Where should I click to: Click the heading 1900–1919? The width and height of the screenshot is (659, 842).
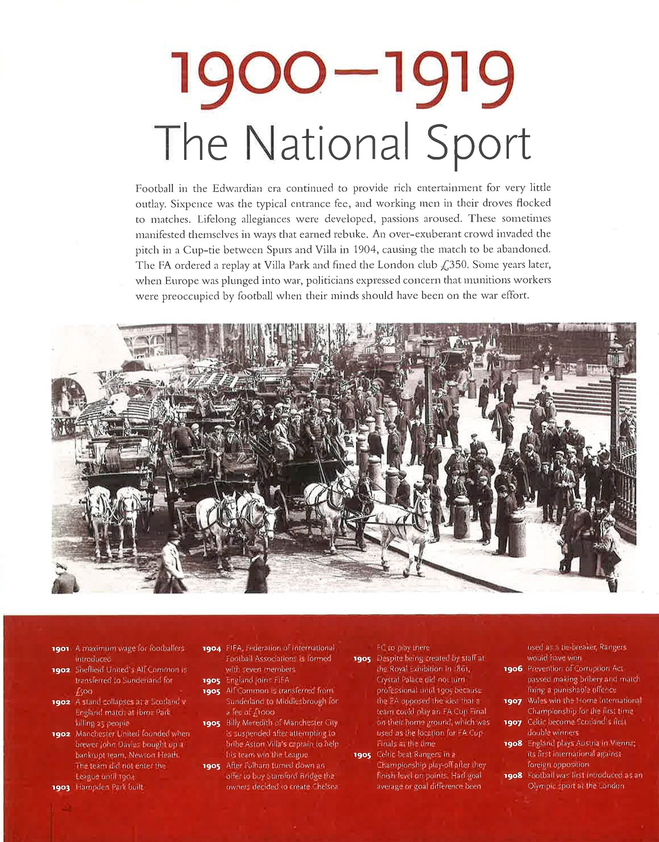pyautogui.click(x=342, y=79)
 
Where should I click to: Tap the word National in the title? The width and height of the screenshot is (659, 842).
pyautogui.click(x=327, y=143)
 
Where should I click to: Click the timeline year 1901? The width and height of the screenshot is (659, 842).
pyautogui.click(x=61, y=649)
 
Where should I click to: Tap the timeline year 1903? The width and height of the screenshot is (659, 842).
pyautogui.click(x=61, y=788)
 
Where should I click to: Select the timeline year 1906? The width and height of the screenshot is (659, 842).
pyautogui.click(x=513, y=669)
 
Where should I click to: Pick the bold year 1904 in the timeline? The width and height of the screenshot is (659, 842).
pyautogui.click(x=211, y=649)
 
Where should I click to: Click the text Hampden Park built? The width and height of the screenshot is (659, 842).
pyautogui.click(x=109, y=787)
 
